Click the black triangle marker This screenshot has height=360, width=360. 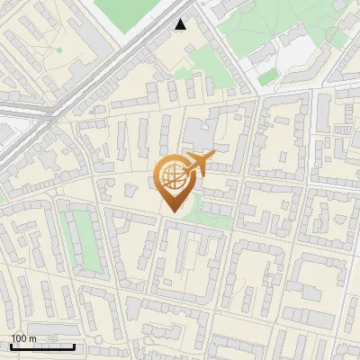click(x=182, y=24)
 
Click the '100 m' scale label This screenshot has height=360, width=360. click(x=23, y=338)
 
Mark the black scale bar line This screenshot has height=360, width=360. click(x=41, y=346)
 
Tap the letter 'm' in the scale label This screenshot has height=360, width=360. click(x=32, y=338)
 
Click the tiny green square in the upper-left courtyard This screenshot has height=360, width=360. click(x=59, y=49)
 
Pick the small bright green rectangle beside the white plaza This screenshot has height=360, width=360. click(x=266, y=78)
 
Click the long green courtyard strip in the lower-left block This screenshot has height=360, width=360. click(x=82, y=240)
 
